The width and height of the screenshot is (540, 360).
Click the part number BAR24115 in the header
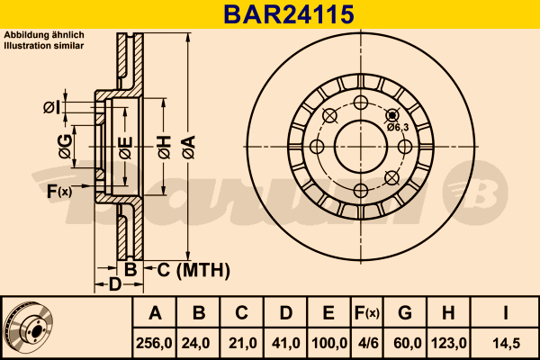click(x=289, y=14)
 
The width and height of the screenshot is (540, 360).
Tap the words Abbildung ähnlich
click(x=44, y=35)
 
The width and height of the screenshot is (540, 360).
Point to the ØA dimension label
click(x=189, y=147)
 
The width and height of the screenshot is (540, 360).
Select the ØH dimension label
click(x=165, y=147)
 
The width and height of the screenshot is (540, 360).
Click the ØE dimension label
click(x=125, y=148)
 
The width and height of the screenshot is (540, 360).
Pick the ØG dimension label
click(x=66, y=147)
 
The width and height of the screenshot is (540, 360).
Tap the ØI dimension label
click(x=51, y=108)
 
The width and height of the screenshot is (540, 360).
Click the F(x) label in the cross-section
click(x=59, y=191)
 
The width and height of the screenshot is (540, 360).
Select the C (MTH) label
click(x=193, y=270)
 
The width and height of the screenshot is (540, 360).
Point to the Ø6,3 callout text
click(x=398, y=128)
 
